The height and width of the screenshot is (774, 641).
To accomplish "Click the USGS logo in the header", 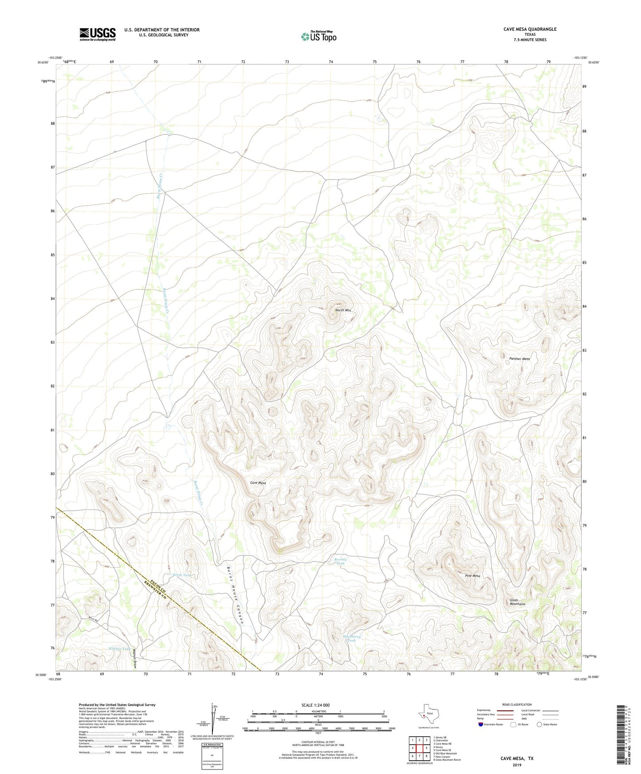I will click(98, 34).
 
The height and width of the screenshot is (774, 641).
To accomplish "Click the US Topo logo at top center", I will click(319, 36).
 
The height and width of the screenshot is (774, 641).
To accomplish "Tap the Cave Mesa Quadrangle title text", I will click(530, 29).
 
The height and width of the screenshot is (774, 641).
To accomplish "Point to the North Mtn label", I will click(343, 310).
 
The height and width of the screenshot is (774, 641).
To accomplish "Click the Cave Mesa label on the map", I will click(258, 483).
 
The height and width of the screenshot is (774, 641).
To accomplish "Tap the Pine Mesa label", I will click(472, 576).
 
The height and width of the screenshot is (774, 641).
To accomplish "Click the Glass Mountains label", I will click(517, 602).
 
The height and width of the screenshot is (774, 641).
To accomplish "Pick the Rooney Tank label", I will click(340, 561).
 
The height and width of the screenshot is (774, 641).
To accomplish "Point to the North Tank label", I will click(182, 575).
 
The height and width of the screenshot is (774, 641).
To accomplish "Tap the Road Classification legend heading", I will click(517, 704).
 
